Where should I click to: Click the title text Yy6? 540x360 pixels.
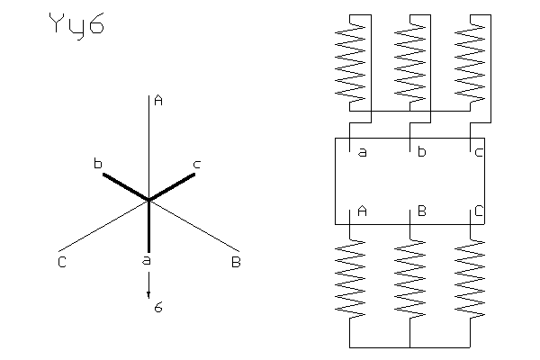(76, 26)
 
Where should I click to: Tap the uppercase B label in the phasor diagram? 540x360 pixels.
(235, 262)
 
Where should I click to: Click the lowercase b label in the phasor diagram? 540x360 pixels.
(97, 163)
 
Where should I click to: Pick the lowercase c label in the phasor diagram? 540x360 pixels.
(197, 163)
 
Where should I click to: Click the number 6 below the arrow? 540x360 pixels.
(157, 308)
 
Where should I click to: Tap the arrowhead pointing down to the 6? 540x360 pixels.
(148, 298)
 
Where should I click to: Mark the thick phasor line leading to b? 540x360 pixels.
(125, 187)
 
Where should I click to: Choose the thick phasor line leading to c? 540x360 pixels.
(172, 187)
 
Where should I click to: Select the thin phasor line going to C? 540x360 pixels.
(103, 226)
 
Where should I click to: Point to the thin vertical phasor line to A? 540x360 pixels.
(148, 144)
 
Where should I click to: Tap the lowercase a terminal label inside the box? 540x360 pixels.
(363, 152)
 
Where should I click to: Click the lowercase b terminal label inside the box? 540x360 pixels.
(421, 152)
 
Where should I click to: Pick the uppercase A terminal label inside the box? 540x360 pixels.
(363, 212)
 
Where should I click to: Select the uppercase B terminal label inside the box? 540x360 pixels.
(421, 212)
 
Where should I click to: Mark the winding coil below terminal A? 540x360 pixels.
(350, 275)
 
